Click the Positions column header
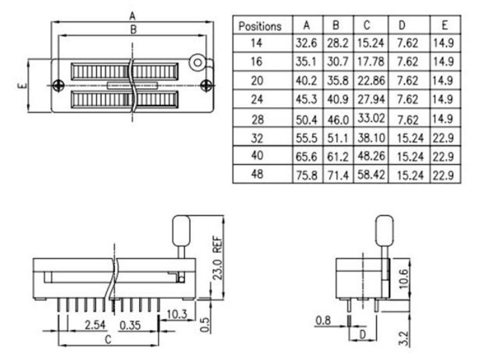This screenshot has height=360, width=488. [x=260, y=26]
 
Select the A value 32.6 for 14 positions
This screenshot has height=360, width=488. [x=306, y=43]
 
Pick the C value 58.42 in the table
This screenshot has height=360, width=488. [x=371, y=175]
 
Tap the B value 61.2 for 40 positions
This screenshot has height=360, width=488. [x=338, y=157]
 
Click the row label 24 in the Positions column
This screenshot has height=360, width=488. [x=257, y=100]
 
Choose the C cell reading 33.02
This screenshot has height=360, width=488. [x=371, y=118]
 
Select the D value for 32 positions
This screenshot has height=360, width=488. [x=410, y=138]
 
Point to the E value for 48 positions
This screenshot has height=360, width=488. [x=443, y=175]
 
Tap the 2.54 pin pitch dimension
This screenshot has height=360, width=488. [x=95, y=325]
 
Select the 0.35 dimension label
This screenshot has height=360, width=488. [x=130, y=325]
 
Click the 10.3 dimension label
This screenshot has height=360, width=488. [x=176, y=314]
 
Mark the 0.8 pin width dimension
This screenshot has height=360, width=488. [x=323, y=320]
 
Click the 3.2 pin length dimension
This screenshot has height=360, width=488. [x=403, y=338]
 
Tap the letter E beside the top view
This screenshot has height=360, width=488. [x=23, y=86]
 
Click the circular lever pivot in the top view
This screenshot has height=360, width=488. [x=197, y=63]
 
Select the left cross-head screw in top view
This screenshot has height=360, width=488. [x=58, y=86]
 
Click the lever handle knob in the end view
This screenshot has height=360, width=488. [x=384, y=231]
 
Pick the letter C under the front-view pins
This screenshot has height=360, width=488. [x=108, y=339]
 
